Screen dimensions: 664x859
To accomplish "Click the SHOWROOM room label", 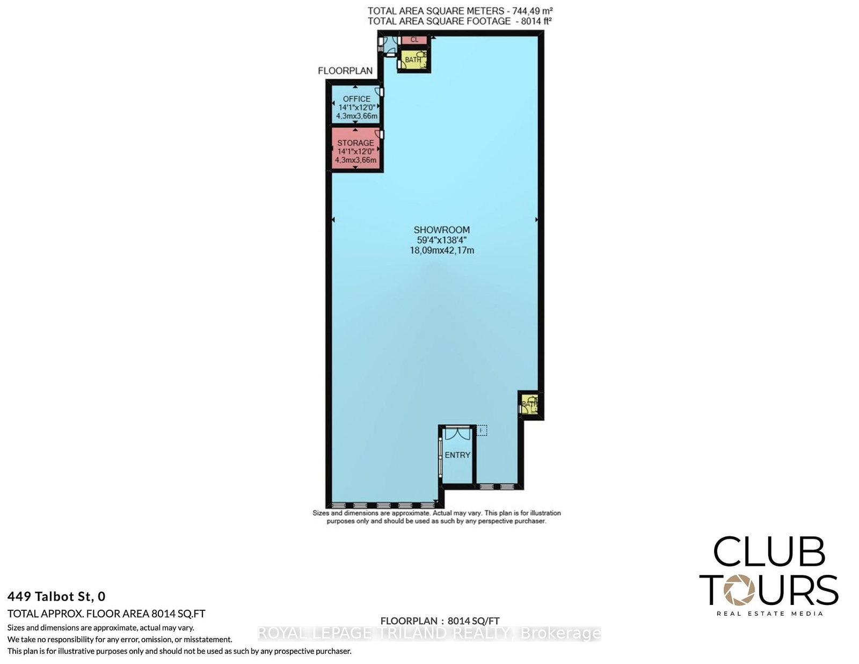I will (441, 230).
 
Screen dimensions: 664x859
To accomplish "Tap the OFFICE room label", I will (356, 99).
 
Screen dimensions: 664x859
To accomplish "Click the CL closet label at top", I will (414, 40).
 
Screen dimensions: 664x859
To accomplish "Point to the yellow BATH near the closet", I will (413, 60).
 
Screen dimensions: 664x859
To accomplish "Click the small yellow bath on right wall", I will (530, 404).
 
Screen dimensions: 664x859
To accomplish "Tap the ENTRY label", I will (457, 455).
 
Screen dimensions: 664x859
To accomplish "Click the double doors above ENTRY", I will (457, 433).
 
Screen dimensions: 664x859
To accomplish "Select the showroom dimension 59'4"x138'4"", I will (441, 240).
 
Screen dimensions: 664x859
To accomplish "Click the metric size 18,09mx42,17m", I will (441, 250).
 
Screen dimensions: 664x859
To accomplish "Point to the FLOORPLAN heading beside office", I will (345, 71).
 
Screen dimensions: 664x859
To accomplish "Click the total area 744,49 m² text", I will (460, 10).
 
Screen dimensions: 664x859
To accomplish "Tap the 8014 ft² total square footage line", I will (460, 21).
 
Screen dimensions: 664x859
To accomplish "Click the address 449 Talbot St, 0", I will (56, 596).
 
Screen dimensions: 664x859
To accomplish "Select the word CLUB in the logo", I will (769, 551).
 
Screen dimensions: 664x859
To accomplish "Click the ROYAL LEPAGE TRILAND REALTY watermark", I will (429, 633).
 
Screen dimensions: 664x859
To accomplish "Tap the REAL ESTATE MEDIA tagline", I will (769, 614).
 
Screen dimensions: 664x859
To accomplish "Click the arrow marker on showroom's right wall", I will (536, 220).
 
